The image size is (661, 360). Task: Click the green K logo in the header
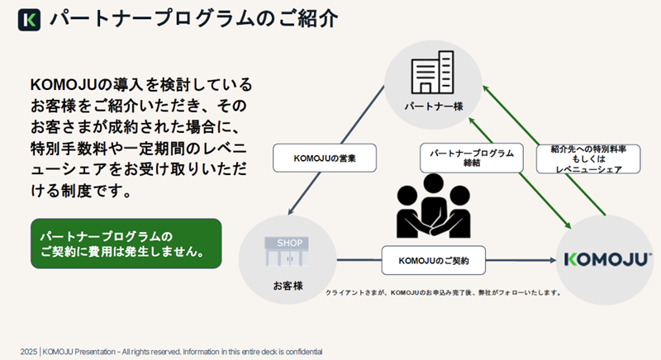tap(30, 19)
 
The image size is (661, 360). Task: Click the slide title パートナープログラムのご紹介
tap(193, 19)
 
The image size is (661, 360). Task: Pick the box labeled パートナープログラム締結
tap(472, 158)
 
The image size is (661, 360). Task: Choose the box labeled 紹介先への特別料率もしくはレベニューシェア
tap(588, 158)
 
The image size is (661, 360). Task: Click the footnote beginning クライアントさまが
tap(444, 292)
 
